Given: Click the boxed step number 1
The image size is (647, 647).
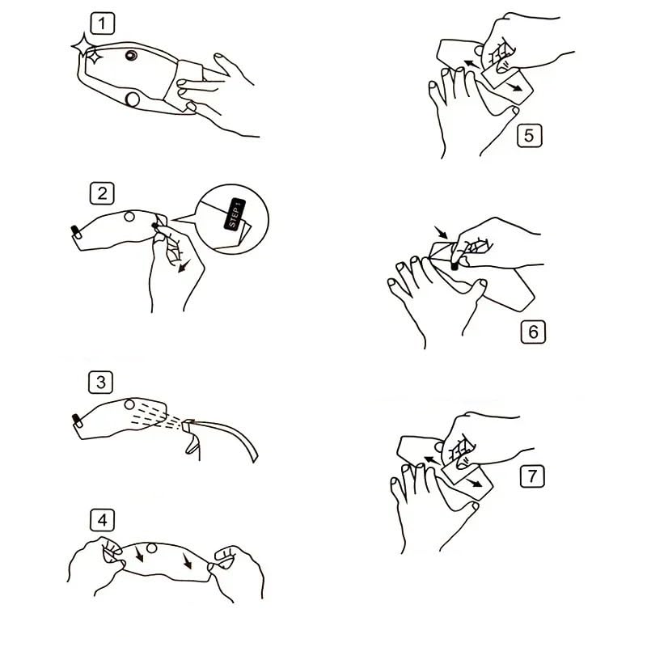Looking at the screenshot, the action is point(103,23).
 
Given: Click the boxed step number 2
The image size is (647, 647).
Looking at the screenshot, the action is point(102,193).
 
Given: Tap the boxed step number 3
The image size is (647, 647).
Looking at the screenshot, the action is point(100,382).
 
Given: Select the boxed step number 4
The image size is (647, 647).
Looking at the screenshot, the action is point(103,520).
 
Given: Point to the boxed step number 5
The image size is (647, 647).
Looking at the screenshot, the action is point(530,135).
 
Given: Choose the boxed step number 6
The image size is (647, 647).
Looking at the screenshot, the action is point(533,332).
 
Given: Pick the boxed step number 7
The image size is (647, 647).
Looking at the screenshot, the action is point(532,476).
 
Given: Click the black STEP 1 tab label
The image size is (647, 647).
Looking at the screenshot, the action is point(235,214).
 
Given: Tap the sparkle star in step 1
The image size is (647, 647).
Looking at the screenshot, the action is point(85,46).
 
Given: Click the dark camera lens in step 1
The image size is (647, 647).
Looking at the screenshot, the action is point(131,55).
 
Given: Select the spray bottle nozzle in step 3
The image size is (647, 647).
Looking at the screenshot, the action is point(188,425).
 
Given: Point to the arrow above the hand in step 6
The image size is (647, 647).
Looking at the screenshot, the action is point(441,232).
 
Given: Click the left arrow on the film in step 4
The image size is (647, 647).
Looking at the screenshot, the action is point(138,554).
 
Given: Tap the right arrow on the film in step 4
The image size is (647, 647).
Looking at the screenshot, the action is point(187,561).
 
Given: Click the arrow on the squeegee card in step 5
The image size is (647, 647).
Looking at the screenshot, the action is point(514,87).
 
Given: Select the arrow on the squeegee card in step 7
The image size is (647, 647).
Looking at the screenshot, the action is point(474,483).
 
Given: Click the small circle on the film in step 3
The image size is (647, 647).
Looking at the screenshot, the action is point(129,405).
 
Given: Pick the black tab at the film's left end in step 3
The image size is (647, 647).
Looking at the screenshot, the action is point(76,420).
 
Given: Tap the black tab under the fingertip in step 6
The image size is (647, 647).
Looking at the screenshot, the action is point(455,266).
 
